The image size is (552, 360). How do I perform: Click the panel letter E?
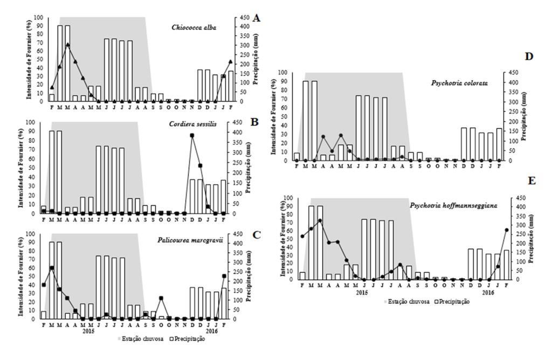pos(533,181)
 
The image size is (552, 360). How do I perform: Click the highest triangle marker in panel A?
pos(67,45)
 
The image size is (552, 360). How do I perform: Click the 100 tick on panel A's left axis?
pos(38,17)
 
